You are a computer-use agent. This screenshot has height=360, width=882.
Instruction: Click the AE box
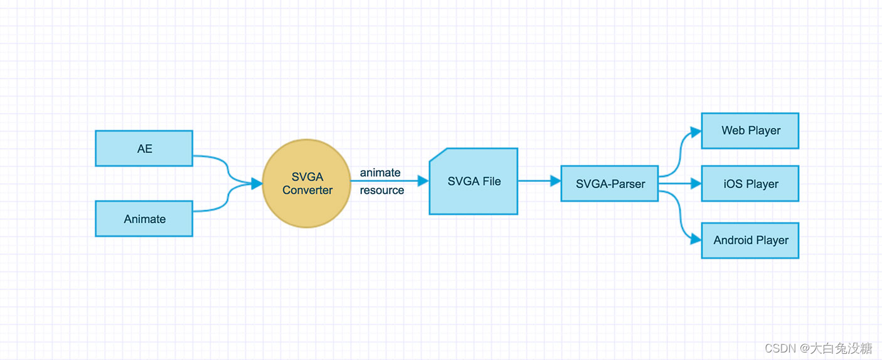coord(144,149)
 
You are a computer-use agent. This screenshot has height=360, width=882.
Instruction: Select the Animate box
coord(144,219)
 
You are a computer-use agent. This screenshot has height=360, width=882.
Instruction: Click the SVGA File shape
coord(474,181)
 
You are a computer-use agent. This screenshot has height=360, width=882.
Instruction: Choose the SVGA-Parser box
coord(609,184)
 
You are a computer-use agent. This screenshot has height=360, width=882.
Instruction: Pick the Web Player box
coord(750,131)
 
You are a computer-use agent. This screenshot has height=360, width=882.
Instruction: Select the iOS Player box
coord(750,184)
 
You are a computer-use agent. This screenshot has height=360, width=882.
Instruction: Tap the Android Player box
coord(750,240)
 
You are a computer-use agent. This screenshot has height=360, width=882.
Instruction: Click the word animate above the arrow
coord(380,173)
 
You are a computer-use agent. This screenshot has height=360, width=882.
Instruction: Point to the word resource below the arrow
coord(381,191)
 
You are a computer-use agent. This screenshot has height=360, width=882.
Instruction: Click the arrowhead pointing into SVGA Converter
coord(256,183)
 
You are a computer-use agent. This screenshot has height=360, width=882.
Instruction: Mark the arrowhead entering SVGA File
coord(423,181)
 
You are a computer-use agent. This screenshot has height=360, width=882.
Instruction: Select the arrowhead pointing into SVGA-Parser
coord(555,181)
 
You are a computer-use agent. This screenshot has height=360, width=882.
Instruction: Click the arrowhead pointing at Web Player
coord(695,132)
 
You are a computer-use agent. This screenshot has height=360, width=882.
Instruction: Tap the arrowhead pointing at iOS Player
coord(695,184)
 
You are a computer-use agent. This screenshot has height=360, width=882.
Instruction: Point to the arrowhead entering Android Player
coord(695,239)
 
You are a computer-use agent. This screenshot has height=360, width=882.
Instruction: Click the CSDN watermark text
coord(818,347)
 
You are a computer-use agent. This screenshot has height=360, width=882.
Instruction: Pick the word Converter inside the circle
coord(307,190)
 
